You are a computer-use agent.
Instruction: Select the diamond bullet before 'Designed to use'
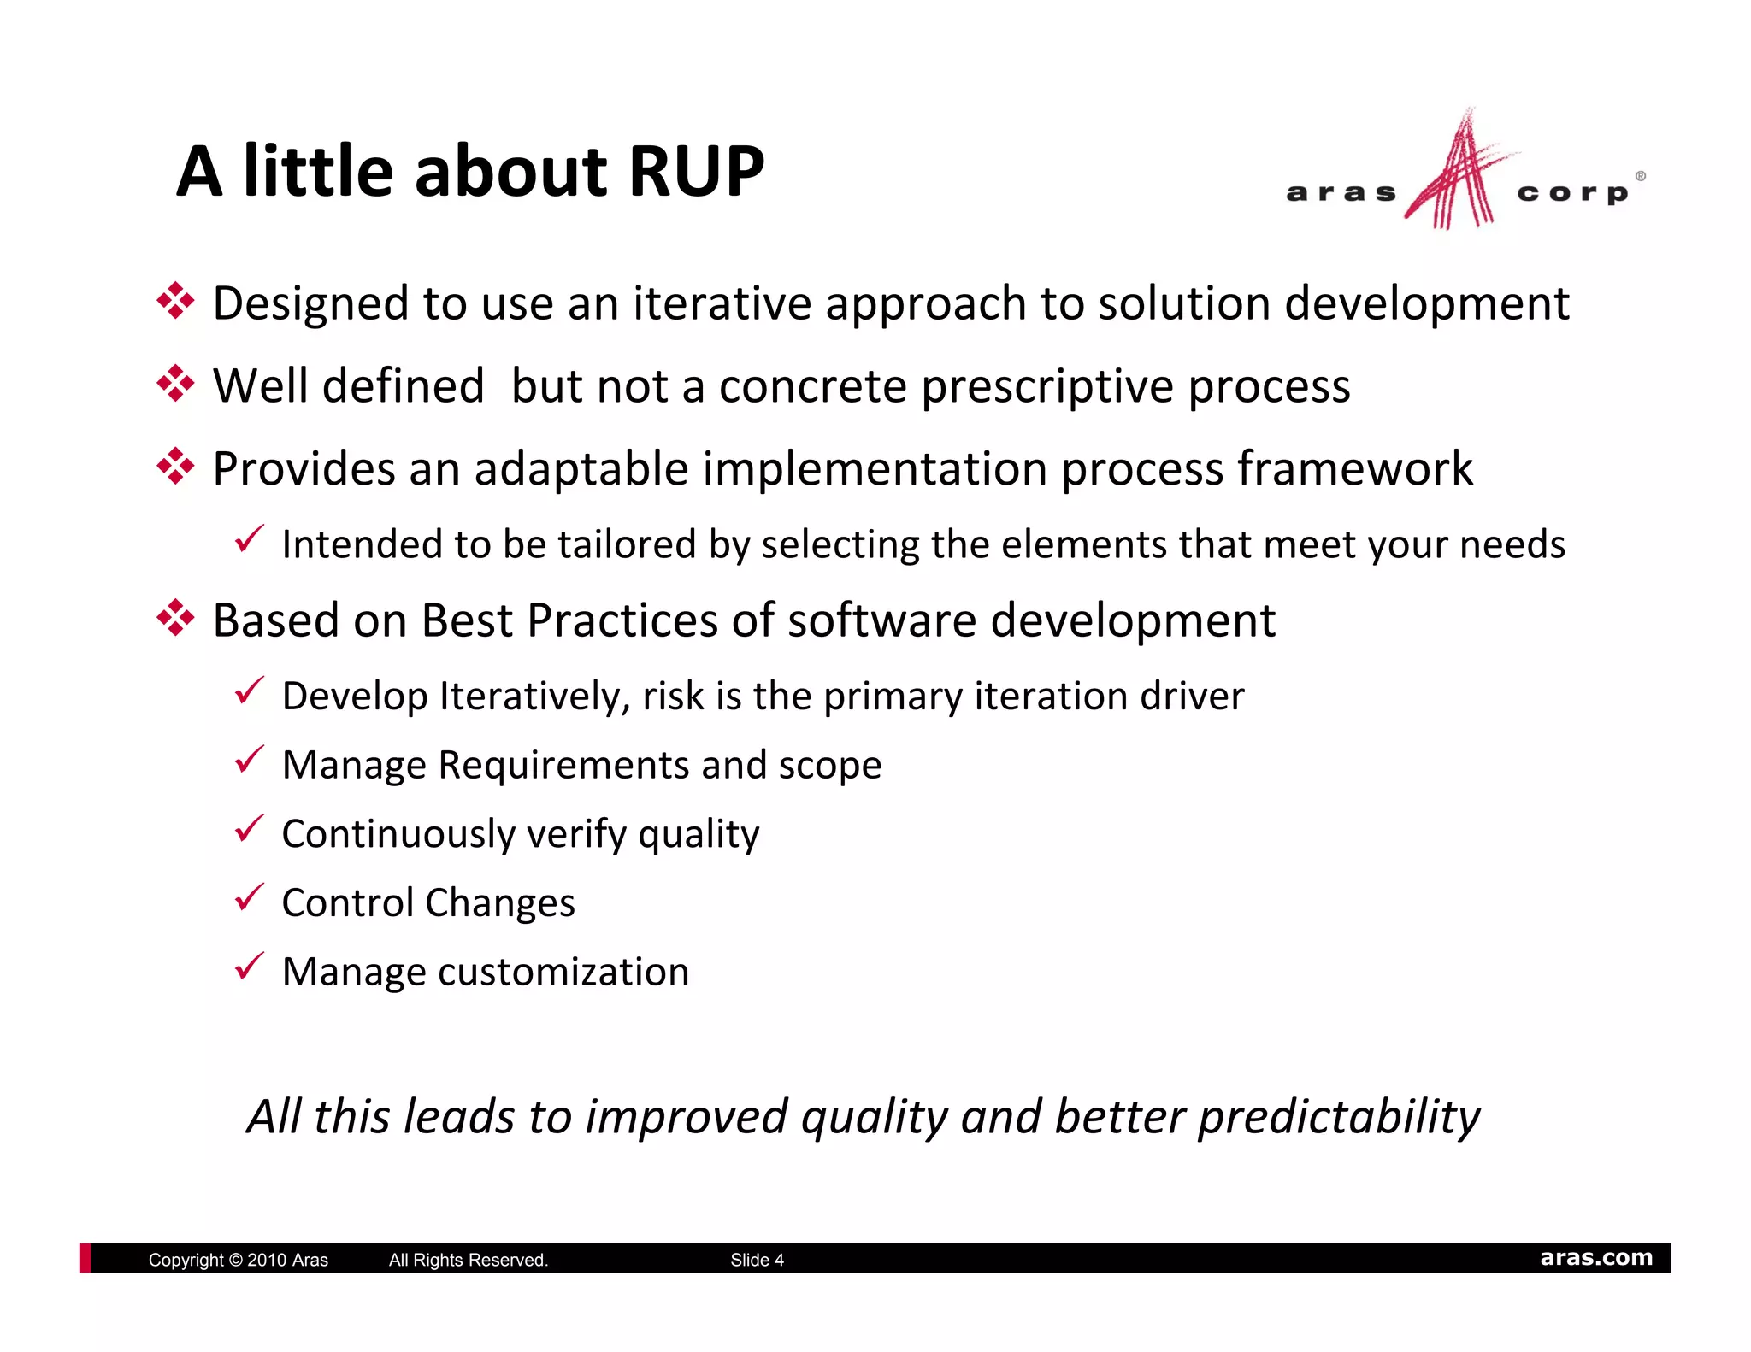(x=175, y=302)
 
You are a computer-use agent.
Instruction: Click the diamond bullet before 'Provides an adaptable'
(x=175, y=467)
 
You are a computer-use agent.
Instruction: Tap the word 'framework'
(x=1354, y=468)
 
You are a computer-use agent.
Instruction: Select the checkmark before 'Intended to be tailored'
(x=249, y=540)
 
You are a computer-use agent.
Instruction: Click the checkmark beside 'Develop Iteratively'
(x=249, y=691)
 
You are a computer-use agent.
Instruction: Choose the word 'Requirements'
(x=563, y=765)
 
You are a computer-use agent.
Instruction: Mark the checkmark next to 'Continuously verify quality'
(x=249, y=829)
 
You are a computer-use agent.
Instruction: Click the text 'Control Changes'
(x=427, y=902)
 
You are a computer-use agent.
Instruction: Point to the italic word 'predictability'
(x=1338, y=1117)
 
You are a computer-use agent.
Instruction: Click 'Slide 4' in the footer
(x=757, y=1260)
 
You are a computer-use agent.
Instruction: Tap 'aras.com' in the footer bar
(x=1595, y=1257)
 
